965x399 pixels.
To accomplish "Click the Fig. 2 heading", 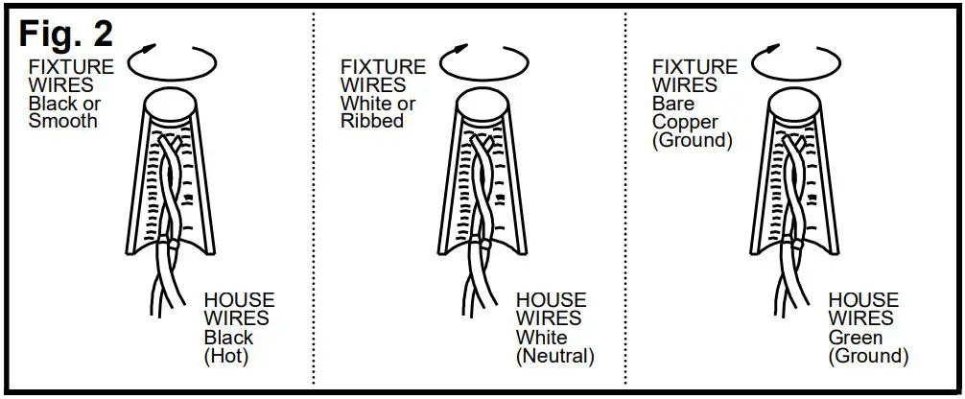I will [x=67, y=33].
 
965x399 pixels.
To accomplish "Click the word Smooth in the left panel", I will [x=63, y=122].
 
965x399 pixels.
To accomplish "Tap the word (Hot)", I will [x=226, y=356].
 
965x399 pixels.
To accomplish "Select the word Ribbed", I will [x=372, y=122].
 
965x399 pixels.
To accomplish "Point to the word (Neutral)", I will [x=555, y=356].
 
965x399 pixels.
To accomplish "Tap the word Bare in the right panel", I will [x=672, y=104].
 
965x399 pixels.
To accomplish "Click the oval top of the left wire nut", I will [x=169, y=104].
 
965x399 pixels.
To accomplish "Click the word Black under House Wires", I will [x=229, y=338].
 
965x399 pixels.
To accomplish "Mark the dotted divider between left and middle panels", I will [x=315, y=201].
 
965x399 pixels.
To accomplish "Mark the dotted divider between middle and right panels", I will [x=625, y=201].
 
